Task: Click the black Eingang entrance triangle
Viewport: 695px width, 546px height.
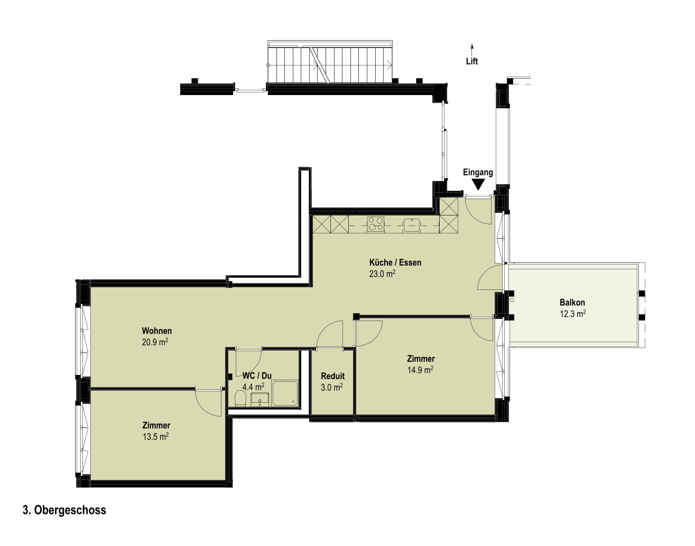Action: coord(478,185)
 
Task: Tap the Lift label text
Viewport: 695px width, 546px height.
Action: coord(472,61)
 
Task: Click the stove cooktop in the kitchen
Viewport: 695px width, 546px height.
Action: coord(376,224)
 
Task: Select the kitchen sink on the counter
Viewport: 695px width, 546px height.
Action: coord(411,224)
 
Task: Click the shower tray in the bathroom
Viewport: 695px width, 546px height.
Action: coord(285,393)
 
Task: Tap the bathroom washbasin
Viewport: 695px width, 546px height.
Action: coord(260,399)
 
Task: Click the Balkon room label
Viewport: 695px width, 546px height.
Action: coord(572,303)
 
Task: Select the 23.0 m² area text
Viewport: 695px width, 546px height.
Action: coord(382,274)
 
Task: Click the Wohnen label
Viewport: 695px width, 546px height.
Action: coord(156,331)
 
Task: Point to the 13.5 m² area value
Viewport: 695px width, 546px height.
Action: coord(156,437)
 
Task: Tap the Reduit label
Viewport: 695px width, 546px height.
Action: coord(332,376)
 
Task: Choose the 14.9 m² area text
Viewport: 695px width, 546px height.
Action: coord(420,370)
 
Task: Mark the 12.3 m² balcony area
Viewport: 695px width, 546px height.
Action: coord(572,314)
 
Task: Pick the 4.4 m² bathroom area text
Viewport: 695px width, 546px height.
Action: coord(253,387)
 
